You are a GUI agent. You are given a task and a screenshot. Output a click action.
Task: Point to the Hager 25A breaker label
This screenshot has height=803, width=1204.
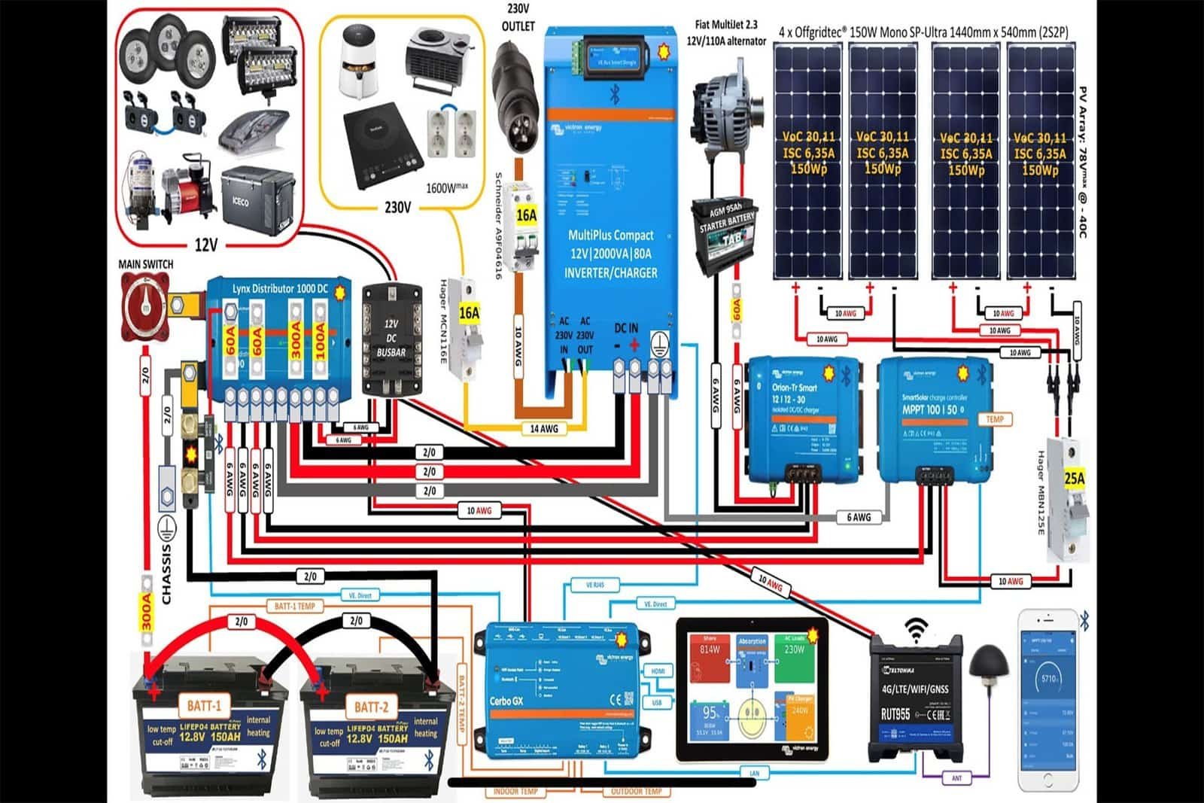pos(1074,479)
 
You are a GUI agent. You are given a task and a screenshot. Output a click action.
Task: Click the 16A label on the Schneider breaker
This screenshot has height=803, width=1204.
pos(526,216)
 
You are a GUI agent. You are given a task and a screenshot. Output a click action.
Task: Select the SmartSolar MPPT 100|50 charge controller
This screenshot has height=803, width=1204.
pos(934,418)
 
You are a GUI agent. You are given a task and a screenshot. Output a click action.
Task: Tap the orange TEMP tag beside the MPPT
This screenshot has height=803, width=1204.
pos(995,419)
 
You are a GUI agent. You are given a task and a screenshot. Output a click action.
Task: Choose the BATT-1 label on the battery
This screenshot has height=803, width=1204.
pos(204,706)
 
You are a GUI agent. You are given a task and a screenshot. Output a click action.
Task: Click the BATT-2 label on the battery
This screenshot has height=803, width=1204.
pos(371,707)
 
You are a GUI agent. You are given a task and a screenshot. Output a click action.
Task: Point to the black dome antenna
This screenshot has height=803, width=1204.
pos(988,665)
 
